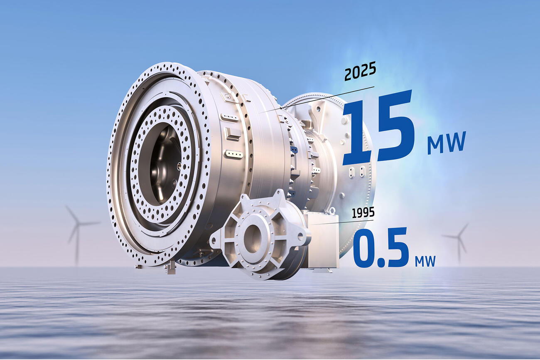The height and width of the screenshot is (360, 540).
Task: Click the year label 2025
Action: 360,73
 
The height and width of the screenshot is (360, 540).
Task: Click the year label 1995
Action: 363,213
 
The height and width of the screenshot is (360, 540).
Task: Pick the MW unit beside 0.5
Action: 425,261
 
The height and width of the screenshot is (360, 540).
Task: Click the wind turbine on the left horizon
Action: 77,233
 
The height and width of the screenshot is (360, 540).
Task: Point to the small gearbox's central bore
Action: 252,238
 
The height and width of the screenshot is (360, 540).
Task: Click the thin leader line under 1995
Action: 332,223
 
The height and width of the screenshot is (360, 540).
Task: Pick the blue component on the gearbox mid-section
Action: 294,149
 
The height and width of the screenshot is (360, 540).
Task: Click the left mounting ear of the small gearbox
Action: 216,240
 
